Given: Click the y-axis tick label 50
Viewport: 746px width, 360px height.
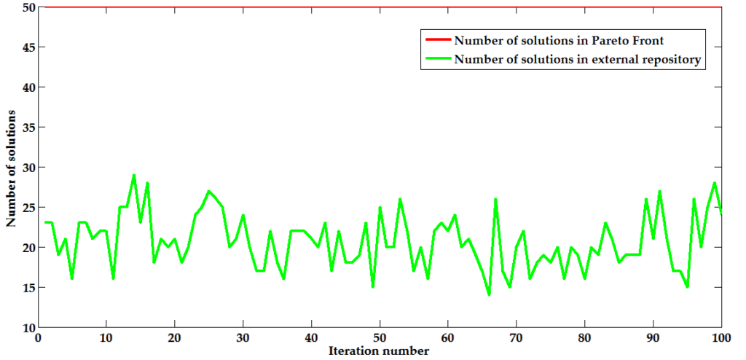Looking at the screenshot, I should [x=28, y=7].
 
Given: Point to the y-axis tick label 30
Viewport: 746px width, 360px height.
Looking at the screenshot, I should [x=28, y=168].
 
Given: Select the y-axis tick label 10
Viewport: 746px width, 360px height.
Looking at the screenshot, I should [x=28, y=327].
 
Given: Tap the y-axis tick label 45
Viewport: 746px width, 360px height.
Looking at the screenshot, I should [x=28, y=47].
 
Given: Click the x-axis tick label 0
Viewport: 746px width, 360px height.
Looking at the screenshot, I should [x=38, y=339].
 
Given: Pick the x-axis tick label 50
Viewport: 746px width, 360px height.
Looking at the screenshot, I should [x=380, y=339].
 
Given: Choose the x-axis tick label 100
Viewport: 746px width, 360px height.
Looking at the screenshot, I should [x=720, y=339].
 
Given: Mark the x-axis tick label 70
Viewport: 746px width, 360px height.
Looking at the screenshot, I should [x=516, y=339].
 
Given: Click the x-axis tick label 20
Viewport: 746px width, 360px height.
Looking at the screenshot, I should [x=174, y=339].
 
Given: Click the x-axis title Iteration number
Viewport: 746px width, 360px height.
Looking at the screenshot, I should [x=379, y=351].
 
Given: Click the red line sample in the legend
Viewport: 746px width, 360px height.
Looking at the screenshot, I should [x=435, y=39].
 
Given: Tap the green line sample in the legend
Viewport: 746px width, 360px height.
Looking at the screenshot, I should [x=435, y=60].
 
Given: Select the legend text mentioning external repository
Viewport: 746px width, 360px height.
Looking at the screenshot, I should [x=577, y=60].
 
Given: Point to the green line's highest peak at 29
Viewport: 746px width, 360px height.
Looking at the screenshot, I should [x=133, y=176].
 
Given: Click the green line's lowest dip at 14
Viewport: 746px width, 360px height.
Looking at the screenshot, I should [x=489, y=295].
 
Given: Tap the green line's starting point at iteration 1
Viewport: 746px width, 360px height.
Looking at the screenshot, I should [x=44, y=223].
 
